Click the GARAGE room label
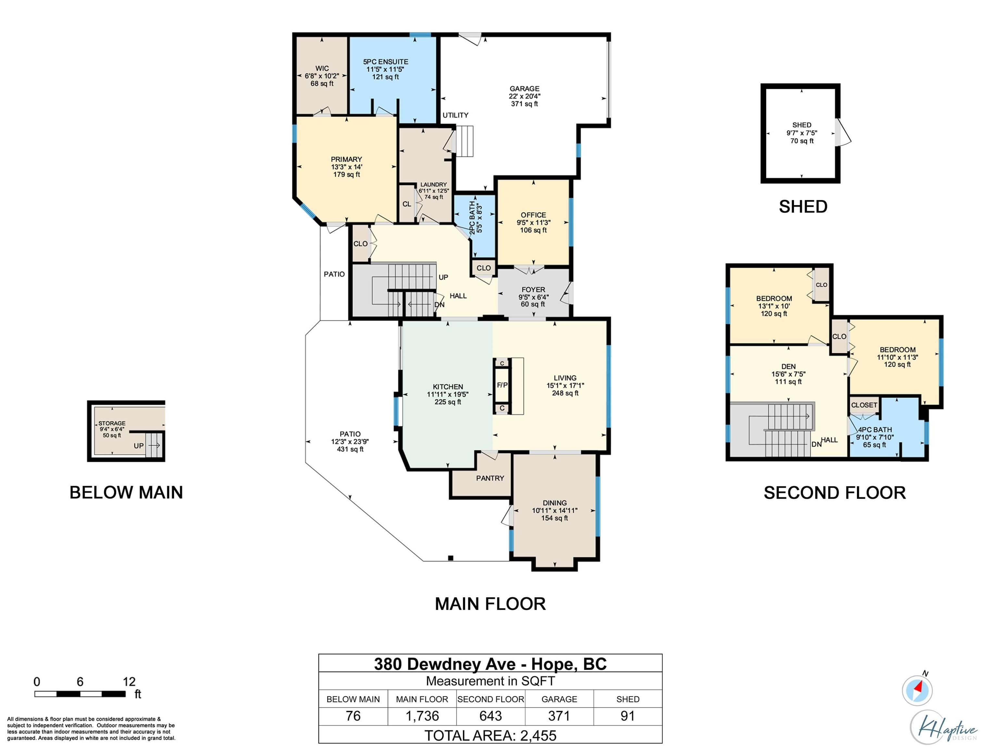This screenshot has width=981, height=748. pyautogui.click(x=524, y=89)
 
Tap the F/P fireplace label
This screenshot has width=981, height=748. pyautogui.click(x=502, y=385)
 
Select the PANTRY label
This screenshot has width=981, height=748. pyautogui.click(x=490, y=478)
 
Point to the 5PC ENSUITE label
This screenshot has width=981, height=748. pyautogui.click(x=385, y=62)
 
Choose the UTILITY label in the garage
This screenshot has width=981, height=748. pyautogui.click(x=455, y=115)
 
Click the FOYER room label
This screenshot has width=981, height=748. pyautogui.click(x=533, y=289)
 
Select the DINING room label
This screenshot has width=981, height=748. pyautogui.click(x=554, y=503)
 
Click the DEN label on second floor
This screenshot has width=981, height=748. pyautogui.click(x=788, y=367)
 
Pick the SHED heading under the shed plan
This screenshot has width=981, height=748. pyautogui.click(x=803, y=206)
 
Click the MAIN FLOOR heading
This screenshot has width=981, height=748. pyautogui.click(x=490, y=604)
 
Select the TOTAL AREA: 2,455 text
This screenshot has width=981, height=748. pyautogui.click(x=490, y=736)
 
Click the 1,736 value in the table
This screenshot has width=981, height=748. pyautogui.click(x=422, y=716)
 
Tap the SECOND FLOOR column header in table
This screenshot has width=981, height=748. pyautogui.click(x=490, y=699)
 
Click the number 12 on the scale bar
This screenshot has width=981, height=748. pyautogui.click(x=129, y=682)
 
